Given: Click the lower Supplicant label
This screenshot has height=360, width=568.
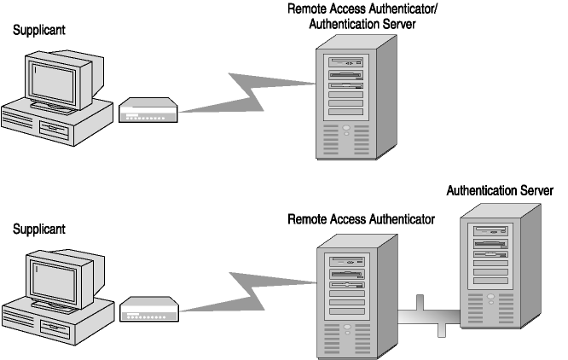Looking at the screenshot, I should (38, 229).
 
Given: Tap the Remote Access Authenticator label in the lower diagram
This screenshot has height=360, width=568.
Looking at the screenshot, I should (361, 219).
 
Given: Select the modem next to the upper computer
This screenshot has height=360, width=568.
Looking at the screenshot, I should (148, 110).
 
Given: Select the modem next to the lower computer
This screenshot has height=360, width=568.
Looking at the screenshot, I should (148, 310).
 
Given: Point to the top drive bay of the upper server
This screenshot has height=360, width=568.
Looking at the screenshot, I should (345, 62).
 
